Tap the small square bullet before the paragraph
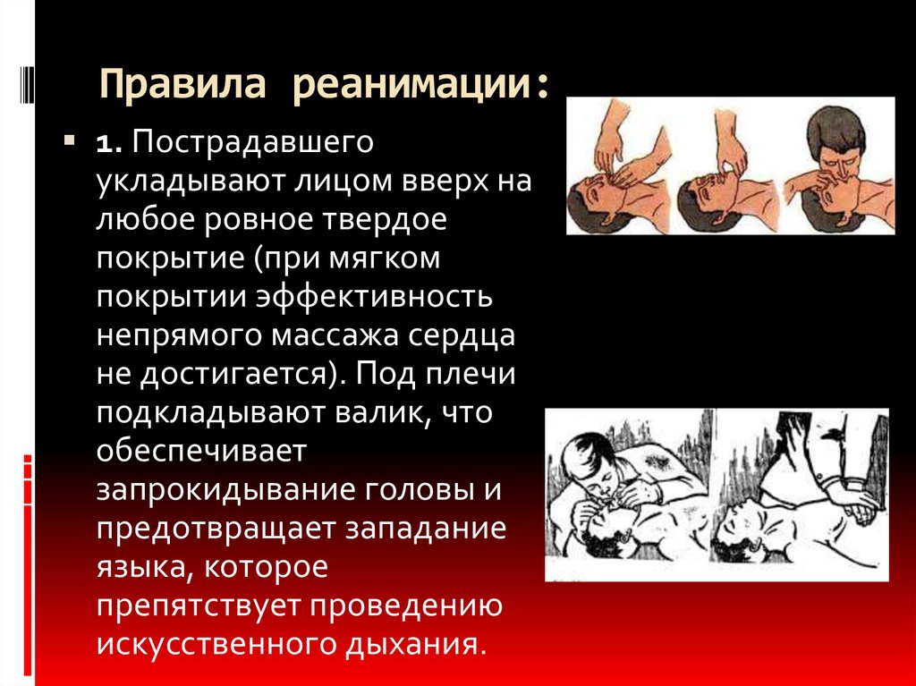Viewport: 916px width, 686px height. (x=68, y=141)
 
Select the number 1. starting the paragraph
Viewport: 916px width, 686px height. (x=110, y=145)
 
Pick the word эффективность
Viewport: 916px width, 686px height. (x=386, y=297)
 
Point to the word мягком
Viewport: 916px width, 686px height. (x=391, y=259)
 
